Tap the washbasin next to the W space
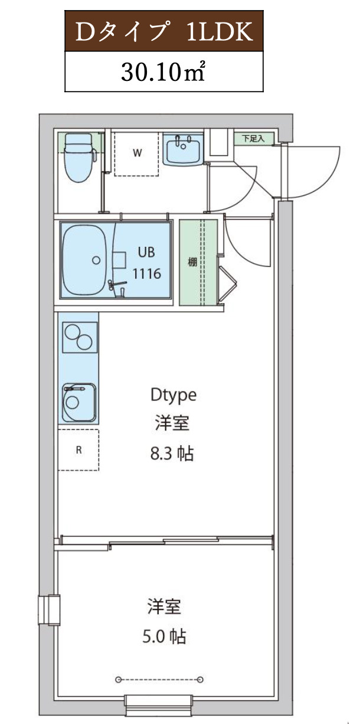coord(184,151)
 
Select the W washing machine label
coord(137,154)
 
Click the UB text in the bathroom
coord(146,252)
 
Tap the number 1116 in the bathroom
coord(146,273)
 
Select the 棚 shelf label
coord(192,263)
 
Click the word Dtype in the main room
coord(173,394)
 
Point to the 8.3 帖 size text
coord(172,454)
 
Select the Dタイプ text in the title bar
coord(117,33)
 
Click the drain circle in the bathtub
coord(96,259)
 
